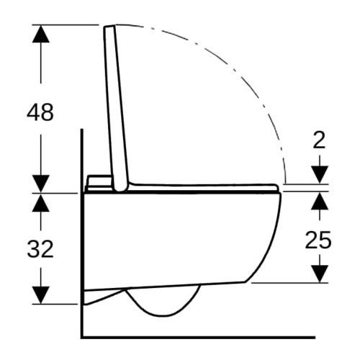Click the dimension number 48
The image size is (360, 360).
click(40, 112)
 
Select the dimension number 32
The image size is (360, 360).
click(40, 249)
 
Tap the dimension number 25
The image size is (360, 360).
click(318, 240)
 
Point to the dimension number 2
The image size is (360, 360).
click(320, 140)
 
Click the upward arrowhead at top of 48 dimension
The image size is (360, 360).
click(41, 34)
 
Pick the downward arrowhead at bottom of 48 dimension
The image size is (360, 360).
click(41, 184)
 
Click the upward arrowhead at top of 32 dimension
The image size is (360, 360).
click(41, 203)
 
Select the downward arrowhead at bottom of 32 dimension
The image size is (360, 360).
click(41, 295)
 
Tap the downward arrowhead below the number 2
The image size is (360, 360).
click(320, 174)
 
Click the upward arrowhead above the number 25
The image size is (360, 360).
click(320, 202)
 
